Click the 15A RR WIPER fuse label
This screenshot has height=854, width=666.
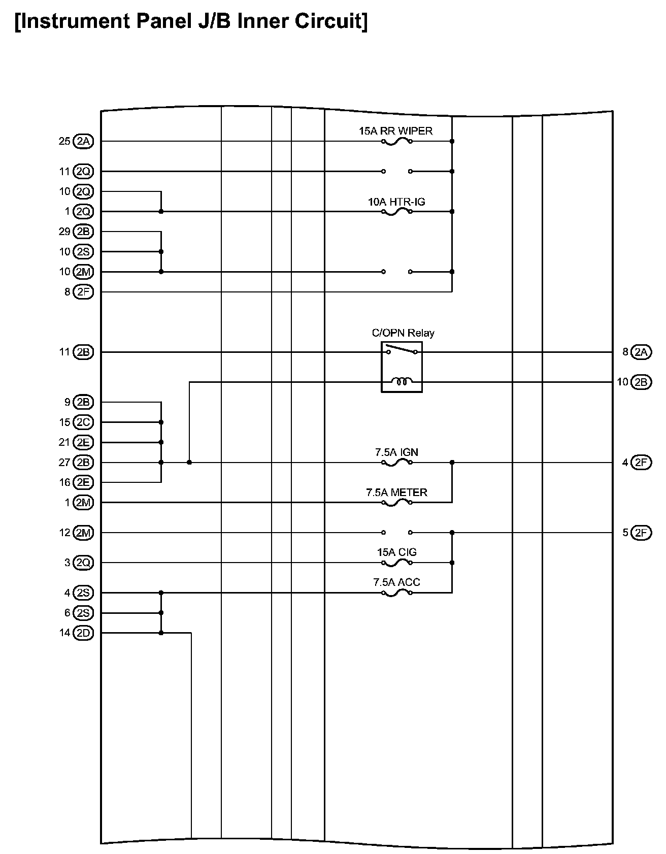tap(395, 131)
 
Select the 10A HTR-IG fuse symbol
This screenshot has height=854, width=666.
tap(396, 212)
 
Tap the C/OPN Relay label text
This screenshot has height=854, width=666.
tap(403, 333)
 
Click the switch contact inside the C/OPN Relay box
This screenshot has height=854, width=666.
tap(402, 350)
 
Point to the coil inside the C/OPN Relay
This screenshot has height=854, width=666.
tap(402, 381)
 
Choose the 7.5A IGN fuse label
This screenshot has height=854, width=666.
tap(396, 452)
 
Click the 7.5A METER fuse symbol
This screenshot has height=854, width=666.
tap(396, 503)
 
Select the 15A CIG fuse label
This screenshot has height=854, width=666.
tap(396, 552)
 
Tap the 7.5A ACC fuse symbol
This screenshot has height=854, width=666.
tap(396, 593)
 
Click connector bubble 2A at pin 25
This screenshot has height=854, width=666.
tap(83, 141)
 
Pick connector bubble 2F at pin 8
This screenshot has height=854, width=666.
tap(83, 292)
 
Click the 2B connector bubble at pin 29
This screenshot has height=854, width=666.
tap(83, 232)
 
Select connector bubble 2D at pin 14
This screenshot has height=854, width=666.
tap(83, 633)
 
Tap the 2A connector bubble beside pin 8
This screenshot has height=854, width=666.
tap(641, 352)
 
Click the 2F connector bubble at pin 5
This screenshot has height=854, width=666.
tap(641, 533)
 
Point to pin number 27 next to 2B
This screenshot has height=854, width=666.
tap(64, 463)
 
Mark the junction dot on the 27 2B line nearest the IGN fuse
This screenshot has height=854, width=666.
tap(189, 463)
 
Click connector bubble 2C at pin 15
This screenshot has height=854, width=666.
tap(83, 422)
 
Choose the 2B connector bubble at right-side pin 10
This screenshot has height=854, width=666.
tap(641, 382)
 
